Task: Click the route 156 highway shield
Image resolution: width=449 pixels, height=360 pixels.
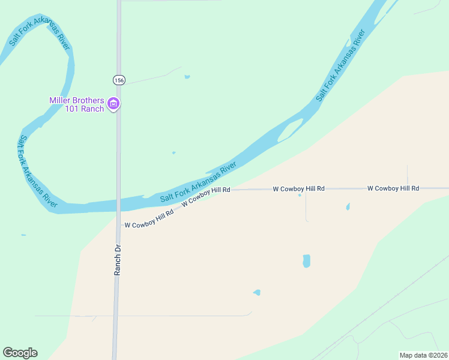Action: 118,80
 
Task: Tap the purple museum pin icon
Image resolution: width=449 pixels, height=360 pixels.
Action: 113,104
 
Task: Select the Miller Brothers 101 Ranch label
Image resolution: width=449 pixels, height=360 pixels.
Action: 77,104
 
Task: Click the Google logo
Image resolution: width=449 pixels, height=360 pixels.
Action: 20,353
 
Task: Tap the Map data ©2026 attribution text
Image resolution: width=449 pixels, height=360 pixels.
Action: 423,355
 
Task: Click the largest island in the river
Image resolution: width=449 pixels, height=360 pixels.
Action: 291,130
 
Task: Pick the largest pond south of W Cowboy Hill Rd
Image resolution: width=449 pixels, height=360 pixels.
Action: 307,261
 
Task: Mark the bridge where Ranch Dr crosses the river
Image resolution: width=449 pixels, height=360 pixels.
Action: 119,204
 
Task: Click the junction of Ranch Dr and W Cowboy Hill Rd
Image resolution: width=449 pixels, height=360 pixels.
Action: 118,226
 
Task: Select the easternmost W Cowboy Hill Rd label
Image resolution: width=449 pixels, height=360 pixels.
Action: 393,188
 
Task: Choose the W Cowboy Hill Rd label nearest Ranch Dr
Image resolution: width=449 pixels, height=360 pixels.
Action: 149,220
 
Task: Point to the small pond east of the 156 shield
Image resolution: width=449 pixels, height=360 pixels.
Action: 187,77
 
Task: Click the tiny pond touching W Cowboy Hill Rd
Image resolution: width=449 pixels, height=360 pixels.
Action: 300,194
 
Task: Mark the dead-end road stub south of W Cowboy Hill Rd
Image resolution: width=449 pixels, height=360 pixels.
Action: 306,207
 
